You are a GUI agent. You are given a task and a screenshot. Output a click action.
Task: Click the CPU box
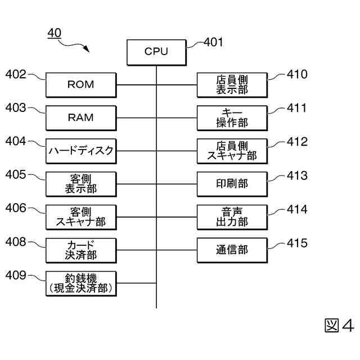156,51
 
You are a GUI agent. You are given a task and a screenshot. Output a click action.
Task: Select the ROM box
81,85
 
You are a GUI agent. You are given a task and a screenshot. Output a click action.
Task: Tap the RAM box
81,118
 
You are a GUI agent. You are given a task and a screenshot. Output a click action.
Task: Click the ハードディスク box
81,151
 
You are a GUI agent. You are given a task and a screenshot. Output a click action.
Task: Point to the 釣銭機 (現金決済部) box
81,283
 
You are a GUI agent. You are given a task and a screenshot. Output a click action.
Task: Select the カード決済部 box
81,250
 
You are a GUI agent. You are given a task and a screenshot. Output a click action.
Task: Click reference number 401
213,42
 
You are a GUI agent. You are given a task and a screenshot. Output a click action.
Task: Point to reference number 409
16,275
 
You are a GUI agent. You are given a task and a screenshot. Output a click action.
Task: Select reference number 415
297,243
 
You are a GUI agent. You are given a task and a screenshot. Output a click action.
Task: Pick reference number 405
16,175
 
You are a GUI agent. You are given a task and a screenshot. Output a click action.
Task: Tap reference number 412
297,142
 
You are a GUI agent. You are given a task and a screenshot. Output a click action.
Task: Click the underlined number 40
55,34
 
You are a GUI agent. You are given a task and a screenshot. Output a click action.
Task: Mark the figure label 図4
339,326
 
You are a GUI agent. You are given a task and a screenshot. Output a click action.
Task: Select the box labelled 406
81,217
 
